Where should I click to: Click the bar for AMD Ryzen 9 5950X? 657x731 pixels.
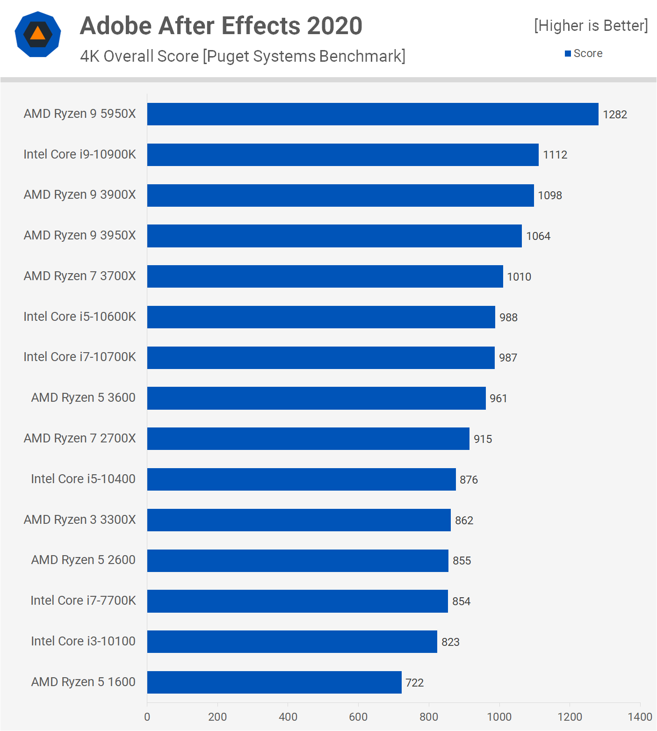373,114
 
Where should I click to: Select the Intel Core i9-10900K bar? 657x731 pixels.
343,155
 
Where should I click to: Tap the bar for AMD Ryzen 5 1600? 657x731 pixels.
274,682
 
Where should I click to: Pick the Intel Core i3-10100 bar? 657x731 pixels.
292,642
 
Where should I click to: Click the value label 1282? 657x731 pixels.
615,115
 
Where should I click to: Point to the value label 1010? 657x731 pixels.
519,277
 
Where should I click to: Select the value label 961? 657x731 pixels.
498,398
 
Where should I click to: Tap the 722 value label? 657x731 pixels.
415,683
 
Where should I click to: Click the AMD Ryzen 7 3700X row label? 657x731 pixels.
80,276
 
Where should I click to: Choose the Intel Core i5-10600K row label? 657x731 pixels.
80,317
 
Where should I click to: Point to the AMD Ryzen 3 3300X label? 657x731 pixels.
80,520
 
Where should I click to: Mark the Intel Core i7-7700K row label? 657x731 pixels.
83,601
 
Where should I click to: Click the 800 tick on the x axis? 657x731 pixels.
429,717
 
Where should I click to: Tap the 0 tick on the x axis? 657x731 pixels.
147,717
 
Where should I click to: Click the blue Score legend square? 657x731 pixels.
568,54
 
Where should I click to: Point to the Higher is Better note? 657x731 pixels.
591,26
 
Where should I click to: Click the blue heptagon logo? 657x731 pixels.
38,34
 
